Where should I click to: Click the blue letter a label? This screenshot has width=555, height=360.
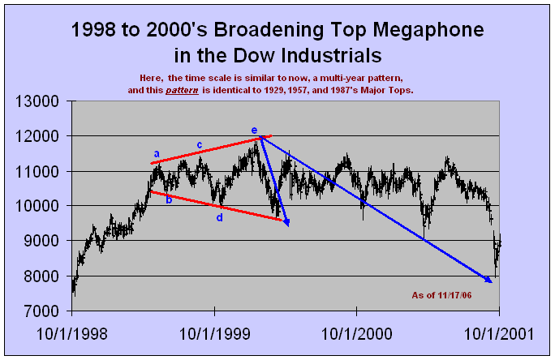coord(156,152)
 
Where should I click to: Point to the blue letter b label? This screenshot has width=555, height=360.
coord(169,199)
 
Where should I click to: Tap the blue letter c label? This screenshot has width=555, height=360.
coord(200,145)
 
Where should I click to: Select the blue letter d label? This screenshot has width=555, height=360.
coord(219,217)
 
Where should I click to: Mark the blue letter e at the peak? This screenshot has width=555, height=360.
coord(254,130)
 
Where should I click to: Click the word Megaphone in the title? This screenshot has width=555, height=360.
coord(416,32)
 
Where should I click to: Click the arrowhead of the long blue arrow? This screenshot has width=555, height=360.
coord(489,281)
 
